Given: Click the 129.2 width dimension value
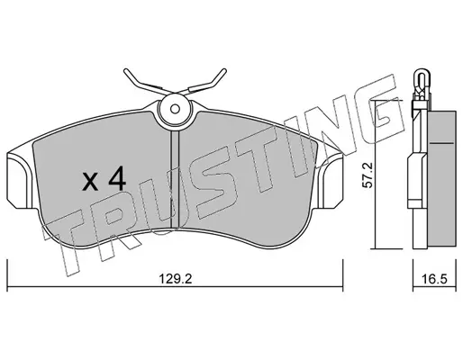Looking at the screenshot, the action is tap(175, 279).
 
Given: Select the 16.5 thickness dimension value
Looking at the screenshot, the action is tap(434, 279).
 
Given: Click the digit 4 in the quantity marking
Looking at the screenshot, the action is tap(117, 178).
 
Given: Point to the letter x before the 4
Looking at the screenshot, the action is tap(90, 182).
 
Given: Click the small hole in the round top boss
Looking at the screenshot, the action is tap(175, 109).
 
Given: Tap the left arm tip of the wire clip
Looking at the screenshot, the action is tap(126, 71).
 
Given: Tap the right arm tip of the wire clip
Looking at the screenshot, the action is tap(223, 71).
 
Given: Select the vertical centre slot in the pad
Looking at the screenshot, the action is tap(175, 179).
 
